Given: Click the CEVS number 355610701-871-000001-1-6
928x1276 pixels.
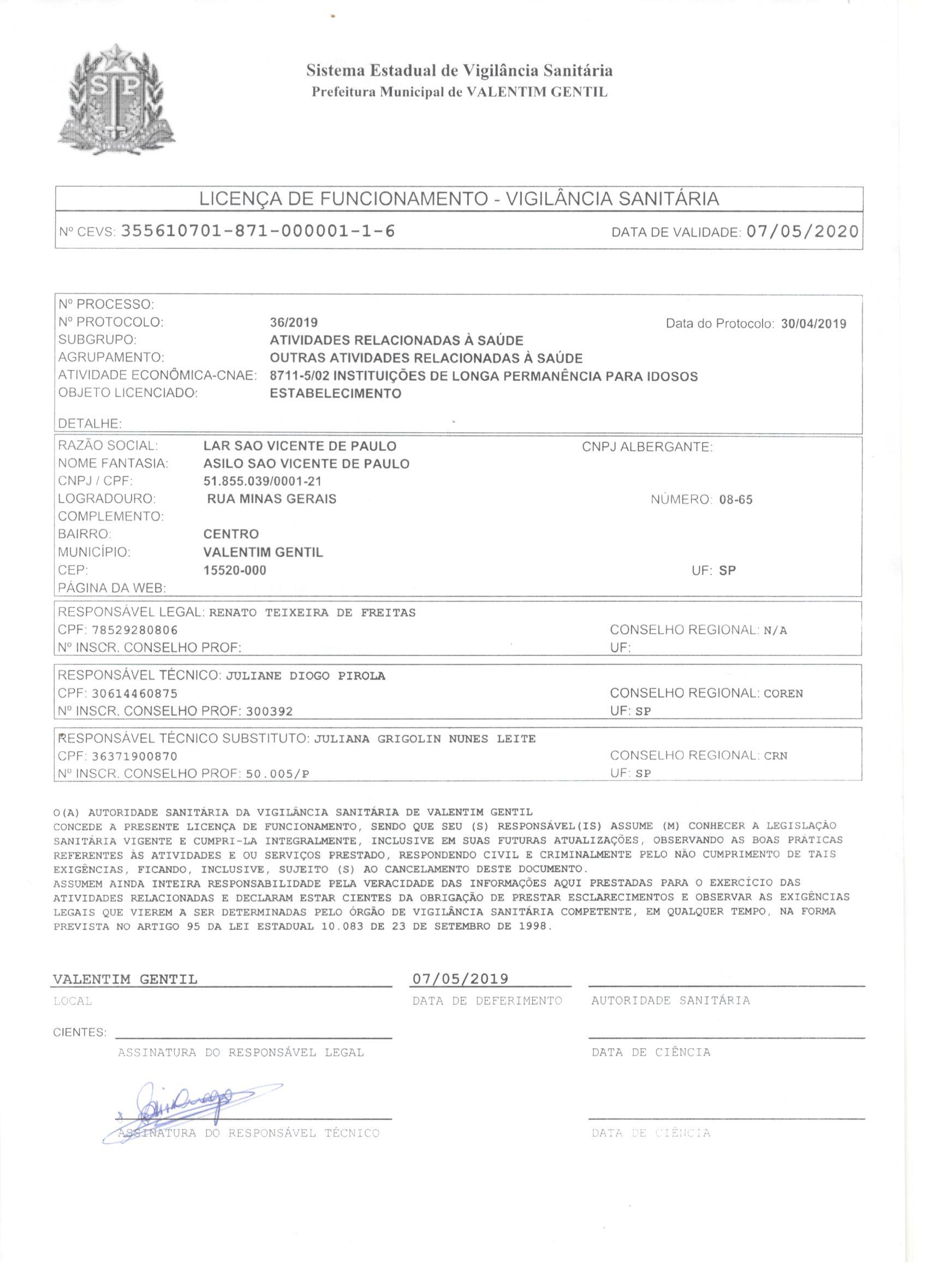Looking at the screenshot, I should [x=258, y=231].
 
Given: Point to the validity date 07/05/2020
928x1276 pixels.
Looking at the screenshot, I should [x=802, y=231].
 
